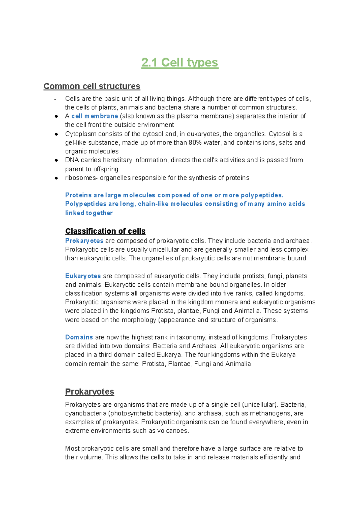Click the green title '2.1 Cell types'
180,63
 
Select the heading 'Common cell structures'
92,86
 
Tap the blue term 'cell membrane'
94,116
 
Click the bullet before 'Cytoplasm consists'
56,134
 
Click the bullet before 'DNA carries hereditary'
56,160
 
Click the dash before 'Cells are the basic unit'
55,99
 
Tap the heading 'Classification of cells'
105,231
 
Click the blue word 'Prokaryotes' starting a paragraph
84,241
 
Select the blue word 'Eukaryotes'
83,276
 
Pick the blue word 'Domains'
79,337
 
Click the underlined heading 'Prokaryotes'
89,392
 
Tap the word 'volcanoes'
175,431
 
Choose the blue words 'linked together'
89,213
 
